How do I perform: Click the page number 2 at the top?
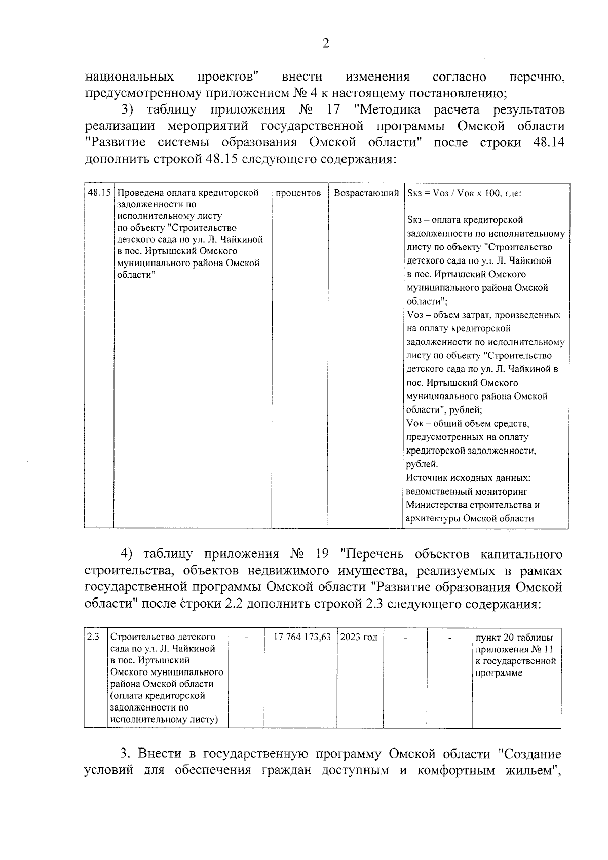[x=325, y=44]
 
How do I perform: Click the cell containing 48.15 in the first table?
[x=99, y=193]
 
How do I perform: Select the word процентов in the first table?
[x=298, y=193]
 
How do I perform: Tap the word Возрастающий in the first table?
[x=366, y=193]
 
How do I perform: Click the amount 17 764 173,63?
[x=302, y=637]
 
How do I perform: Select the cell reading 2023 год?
[x=359, y=637]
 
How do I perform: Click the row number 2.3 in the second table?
[x=93, y=637]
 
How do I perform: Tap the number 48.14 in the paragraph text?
[x=549, y=142]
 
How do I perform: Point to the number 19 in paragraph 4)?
[x=322, y=553]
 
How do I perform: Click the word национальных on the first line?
[x=129, y=77]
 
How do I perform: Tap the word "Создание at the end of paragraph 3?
[x=530, y=754]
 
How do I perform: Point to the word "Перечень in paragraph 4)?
[x=374, y=553]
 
